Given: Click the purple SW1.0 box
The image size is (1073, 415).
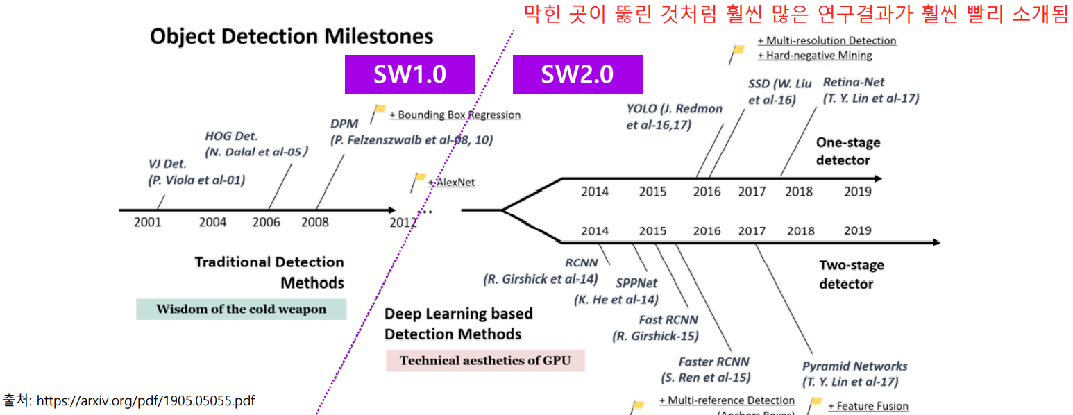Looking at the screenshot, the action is click(409, 74).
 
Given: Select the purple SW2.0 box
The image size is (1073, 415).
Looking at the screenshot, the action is click(577, 74).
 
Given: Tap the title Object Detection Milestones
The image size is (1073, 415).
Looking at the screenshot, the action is click(292, 36).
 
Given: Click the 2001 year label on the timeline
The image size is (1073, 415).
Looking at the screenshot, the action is click(148, 222).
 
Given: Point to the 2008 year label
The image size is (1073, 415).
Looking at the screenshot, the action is click(315, 222).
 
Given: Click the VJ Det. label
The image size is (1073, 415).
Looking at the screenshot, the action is click(168, 164).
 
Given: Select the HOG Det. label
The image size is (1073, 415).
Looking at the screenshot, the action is click(232, 136).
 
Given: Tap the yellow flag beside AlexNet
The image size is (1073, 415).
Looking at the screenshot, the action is click(419, 180).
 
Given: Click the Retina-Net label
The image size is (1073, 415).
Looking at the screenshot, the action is click(853, 82).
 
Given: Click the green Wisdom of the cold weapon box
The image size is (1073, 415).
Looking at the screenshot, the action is click(241, 309).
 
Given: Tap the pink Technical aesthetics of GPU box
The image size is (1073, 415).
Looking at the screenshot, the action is click(485, 360).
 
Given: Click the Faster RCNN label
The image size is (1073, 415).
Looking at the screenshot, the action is click(713, 362).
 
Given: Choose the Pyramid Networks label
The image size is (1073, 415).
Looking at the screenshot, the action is click(854, 366).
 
